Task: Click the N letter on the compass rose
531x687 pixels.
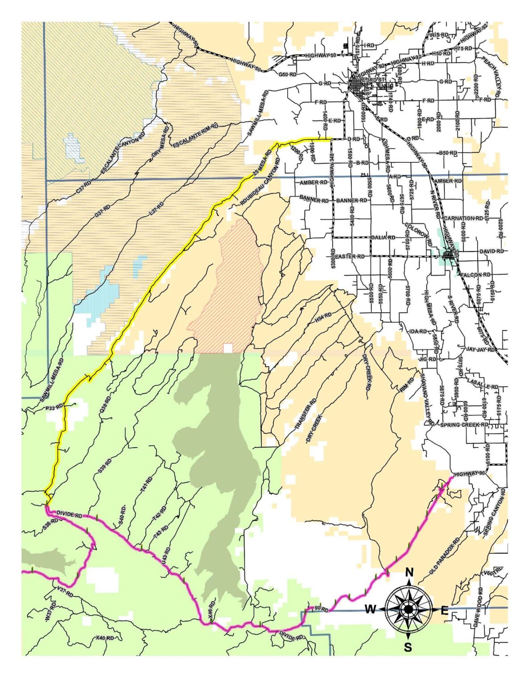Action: tap(409, 572)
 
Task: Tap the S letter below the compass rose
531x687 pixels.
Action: tap(408, 647)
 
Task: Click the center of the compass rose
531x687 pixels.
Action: tap(408, 609)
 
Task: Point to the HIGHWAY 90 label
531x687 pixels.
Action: tap(469, 474)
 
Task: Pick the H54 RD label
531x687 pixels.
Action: tap(323, 318)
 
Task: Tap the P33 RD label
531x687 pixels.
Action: tap(55, 408)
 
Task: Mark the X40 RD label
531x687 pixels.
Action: tap(105, 638)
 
